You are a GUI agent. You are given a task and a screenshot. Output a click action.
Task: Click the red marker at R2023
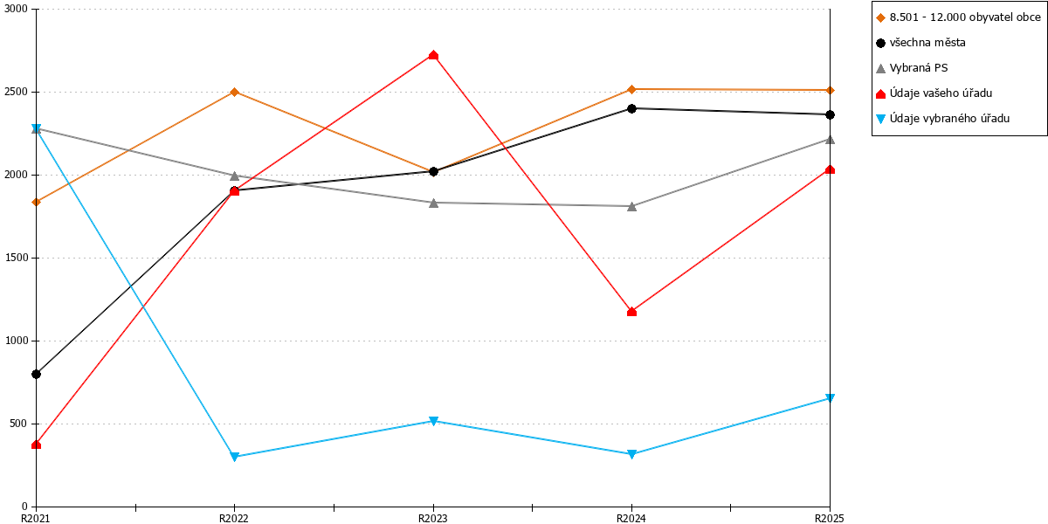(433, 56)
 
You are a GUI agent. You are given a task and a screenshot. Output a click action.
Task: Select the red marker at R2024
(631, 312)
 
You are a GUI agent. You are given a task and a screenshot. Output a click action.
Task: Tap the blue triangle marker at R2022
(235, 457)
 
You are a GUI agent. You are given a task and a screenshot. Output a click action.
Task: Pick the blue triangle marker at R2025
(830, 398)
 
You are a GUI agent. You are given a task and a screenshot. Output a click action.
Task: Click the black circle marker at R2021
(36, 375)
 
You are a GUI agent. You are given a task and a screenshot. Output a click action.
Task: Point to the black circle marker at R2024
(631, 108)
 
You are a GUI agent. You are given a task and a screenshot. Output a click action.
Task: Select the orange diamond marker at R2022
(235, 93)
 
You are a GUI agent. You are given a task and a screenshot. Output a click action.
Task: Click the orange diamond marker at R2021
(36, 202)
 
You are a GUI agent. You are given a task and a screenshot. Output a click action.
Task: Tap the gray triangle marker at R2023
(433, 203)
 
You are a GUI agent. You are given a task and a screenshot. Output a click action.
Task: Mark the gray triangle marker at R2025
(830, 140)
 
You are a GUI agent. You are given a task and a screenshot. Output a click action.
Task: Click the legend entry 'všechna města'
(920, 43)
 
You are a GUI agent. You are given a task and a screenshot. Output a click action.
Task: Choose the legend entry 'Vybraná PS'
(912, 68)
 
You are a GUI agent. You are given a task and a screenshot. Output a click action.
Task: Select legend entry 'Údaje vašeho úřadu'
(934, 93)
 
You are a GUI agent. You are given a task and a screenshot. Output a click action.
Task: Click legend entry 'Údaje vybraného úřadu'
(942, 119)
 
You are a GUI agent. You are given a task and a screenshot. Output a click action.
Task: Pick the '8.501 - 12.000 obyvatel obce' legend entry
(958, 17)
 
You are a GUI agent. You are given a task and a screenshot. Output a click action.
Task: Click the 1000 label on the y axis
(16, 341)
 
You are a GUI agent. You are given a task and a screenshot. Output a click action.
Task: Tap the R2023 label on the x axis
(433, 518)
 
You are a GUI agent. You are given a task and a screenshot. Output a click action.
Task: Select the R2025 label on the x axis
(830, 518)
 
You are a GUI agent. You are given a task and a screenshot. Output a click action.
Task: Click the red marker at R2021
(36, 445)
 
